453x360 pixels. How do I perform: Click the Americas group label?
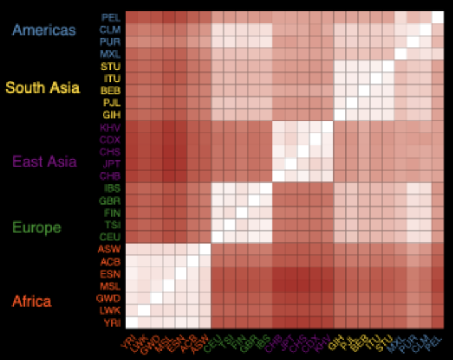tap(44, 30)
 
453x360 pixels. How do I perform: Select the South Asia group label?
tap(43, 87)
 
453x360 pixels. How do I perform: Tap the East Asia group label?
tap(45, 162)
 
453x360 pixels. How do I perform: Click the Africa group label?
tap(31, 301)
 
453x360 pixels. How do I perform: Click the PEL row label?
tap(111, 17)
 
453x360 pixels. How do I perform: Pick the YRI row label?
tap(111, 322)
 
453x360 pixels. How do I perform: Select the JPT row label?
tap(111, 164)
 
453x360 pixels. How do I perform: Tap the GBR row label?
tap(111, 200)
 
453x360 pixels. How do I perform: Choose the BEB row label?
tap(111, 91)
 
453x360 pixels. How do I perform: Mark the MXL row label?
tap(111, 54)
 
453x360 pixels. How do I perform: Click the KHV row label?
tap(111, 127)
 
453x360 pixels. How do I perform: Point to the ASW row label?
tap(111, 249)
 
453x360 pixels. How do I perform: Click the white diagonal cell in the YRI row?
tap(131, 322)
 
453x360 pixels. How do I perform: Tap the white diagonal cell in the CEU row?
tap(217, 237)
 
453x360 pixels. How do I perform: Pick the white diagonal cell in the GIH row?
tap(340, 115)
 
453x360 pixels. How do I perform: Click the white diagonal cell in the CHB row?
tap(278, 176)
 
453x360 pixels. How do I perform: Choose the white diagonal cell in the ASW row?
tap(205, 249)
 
